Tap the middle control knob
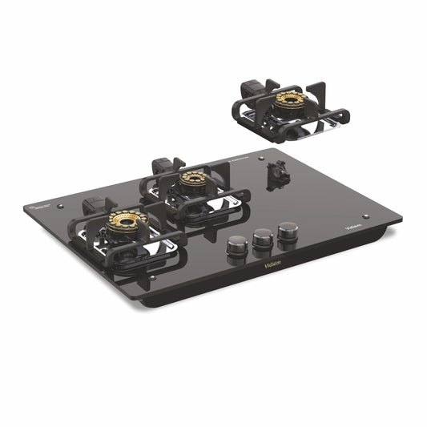tap(261, 239)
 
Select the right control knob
tap(287, 232)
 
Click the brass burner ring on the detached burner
tap(289, 101)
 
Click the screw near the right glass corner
tap(366, 216)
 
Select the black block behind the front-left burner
tap(95, 202)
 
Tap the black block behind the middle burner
tap(164, 165)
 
